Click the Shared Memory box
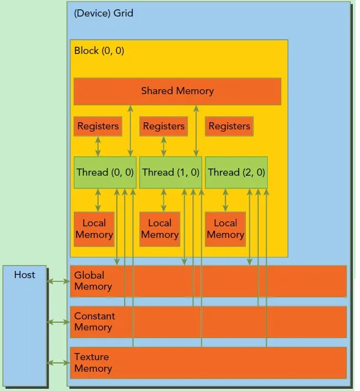pos(178,91)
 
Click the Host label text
pos(24,275)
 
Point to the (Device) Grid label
pos(104,13)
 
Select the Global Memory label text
pos(93,281)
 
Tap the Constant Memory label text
pos(94,322)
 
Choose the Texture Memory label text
pos(93,362)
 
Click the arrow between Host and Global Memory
pos(58,281)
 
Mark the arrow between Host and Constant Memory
pos(58,322)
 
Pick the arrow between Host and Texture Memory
pos(58,363)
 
